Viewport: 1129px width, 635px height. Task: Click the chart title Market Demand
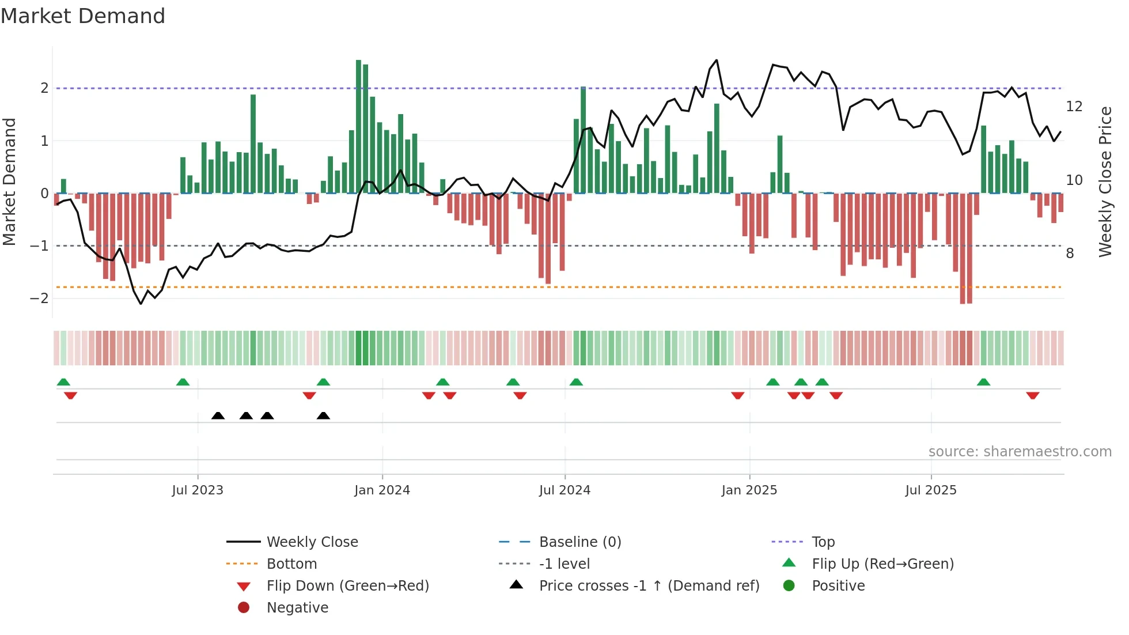pyautogui.click(x=83, y=16)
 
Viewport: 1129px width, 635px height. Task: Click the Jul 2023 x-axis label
pyautogui.click(x=198, y=490)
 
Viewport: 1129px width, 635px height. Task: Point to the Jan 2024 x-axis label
pyautogui.click(x=382, y=490)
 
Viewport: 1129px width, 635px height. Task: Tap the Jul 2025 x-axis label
pyautogui.click(x=931, y=490)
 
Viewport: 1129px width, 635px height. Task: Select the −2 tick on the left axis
pyautogui.click(x=40, y=298)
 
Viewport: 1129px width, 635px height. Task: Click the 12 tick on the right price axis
pyautogui.click(x=1074, y=107)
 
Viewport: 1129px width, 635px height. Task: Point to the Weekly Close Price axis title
pyautogui.click(x=1105, y=182)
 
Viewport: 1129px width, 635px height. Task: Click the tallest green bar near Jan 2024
pyautogui.click(x=358, y=127)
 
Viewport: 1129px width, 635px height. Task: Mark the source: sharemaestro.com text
pyautogui.click(x=1020, y=452)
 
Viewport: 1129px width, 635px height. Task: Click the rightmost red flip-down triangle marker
pyautogui.click(x=1032, y=395)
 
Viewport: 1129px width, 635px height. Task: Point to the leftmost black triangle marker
pyautogui.click(x=218, y=416)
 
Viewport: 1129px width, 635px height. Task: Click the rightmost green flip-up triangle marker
pyautogui.click(x=983, y=383)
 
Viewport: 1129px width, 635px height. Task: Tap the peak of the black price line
pyautogui.click(x=717, y=60)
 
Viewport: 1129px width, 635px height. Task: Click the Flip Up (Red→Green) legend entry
pyautogui.click(x=882, y=564)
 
